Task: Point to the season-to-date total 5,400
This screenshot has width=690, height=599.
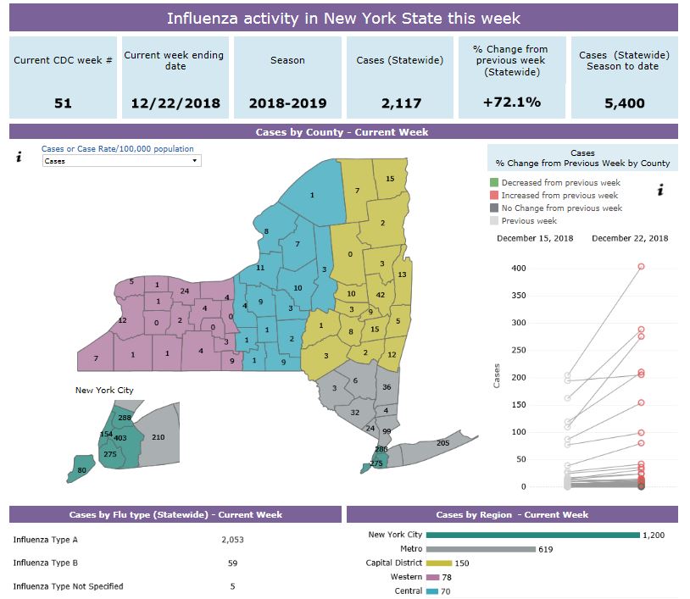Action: coord(624,103)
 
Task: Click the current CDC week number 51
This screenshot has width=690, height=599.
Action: coord(63,103)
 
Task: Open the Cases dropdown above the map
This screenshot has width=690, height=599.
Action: coord(121,160)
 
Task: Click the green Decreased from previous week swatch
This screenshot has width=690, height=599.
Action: coord(493,183)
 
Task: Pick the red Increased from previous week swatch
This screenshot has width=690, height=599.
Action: coord(493,196)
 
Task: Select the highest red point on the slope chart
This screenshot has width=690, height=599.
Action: coord(641,266)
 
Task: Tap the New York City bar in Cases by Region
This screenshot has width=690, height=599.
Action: coord(532,535)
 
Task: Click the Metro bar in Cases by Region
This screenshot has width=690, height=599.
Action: coord(480,549)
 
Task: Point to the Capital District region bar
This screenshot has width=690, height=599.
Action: coord(439,563)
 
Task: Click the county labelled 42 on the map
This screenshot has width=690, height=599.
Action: coord(381,295)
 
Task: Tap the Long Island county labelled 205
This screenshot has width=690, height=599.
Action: coord(442,443)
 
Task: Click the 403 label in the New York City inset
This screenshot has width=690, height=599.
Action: coord(120,439)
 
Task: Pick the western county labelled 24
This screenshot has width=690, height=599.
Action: coord(185,291)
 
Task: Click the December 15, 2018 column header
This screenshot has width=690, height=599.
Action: coord(534,238)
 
